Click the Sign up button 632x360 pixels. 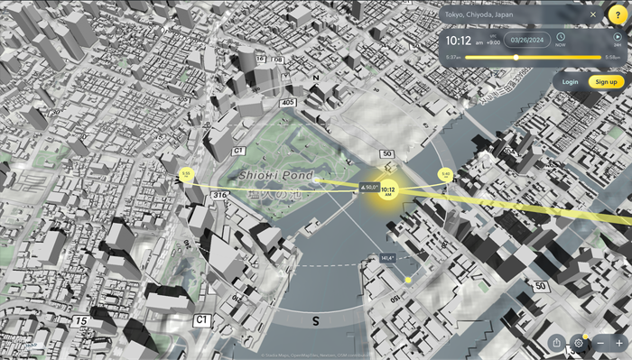(x=606, y=82)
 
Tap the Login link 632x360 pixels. (x=570, y=82)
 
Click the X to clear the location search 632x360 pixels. (x=593, y=14)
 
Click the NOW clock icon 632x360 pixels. (x=561, y=39)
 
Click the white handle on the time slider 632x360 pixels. (x=516, y=57)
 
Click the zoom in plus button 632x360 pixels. (x=620, y=344)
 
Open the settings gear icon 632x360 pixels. (x=579, y=344)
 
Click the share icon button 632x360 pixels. (x=556, y=344)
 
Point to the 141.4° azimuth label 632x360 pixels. (x=388, y=258)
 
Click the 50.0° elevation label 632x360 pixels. (x=369, y=187)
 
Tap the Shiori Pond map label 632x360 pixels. (x=275, y=175)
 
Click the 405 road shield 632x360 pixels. (x=288, y=104)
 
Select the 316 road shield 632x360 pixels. (x=219, y=195)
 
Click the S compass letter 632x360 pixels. (x=316, y=320)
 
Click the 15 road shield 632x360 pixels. (x=81, y=320)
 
